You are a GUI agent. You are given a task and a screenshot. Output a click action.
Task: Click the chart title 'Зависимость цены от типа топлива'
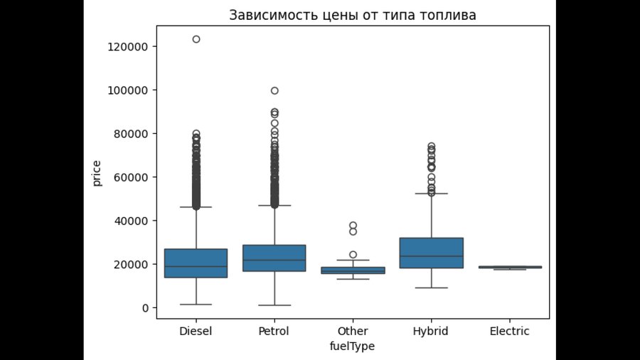[352, 15]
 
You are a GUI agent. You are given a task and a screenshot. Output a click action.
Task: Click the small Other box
[353, 270]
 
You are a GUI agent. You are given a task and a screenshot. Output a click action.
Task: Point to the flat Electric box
[510, 267]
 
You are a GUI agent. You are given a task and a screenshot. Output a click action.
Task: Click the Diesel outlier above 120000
[196, 39]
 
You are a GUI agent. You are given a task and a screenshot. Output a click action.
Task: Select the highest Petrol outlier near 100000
[274, 90]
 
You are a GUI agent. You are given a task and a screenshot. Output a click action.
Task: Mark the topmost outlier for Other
[353, 226]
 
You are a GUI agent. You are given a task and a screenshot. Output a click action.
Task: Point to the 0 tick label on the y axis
[144, 308]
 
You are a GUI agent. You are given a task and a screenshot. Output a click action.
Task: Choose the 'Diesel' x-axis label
[196, 332]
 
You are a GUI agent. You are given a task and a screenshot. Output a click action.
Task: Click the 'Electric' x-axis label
[510, 332]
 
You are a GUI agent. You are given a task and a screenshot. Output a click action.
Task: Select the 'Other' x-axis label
[353, 332]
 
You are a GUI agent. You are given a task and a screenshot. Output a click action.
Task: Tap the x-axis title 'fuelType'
[352, 346]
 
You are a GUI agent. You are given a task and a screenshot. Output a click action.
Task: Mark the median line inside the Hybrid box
[432, 256]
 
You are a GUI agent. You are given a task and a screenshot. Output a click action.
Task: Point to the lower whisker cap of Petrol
[274, 305]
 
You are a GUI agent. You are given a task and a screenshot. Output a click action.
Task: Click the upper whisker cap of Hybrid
[432, 194]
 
